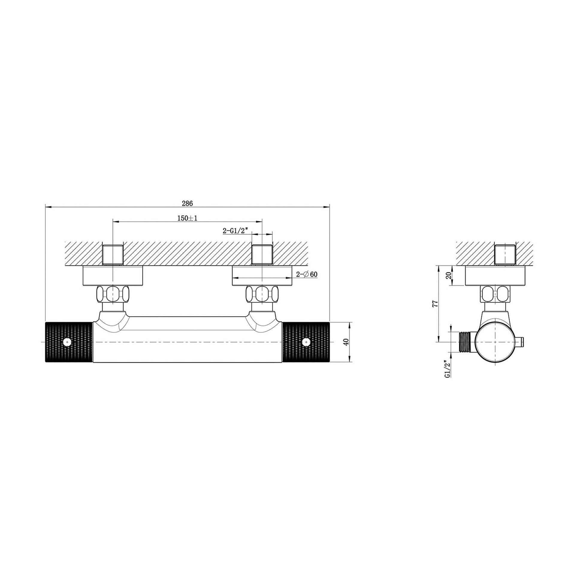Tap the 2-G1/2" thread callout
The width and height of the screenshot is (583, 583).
tap(235, 231)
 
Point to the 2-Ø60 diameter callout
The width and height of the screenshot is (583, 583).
tap(306, 274)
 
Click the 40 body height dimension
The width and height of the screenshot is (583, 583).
tap(346, 342)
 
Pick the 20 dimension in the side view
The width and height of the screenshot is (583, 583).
tap(448, 276)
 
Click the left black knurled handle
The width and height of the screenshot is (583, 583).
tap(69, 342)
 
